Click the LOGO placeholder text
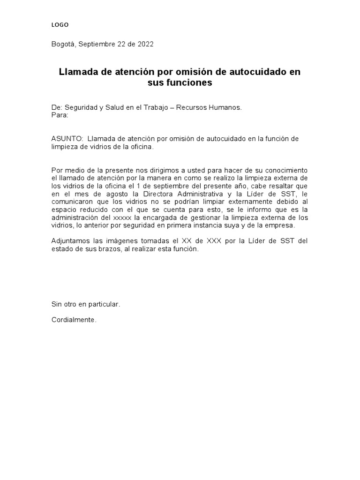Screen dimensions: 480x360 pyautogui.click(x=60, y=25)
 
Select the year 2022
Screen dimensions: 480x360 pyautogui.click(x=144, y=45)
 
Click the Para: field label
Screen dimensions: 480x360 pyautogui.click(x=60, y=115)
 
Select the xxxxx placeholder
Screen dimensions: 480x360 pyautogui.click(x=122, y=217)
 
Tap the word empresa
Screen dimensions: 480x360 pyautogui.click(x=280, y=225)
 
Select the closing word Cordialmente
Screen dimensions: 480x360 pyautogui.click(x=74, y=320)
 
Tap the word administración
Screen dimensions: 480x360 pyautogui.click(x=76, y=217)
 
